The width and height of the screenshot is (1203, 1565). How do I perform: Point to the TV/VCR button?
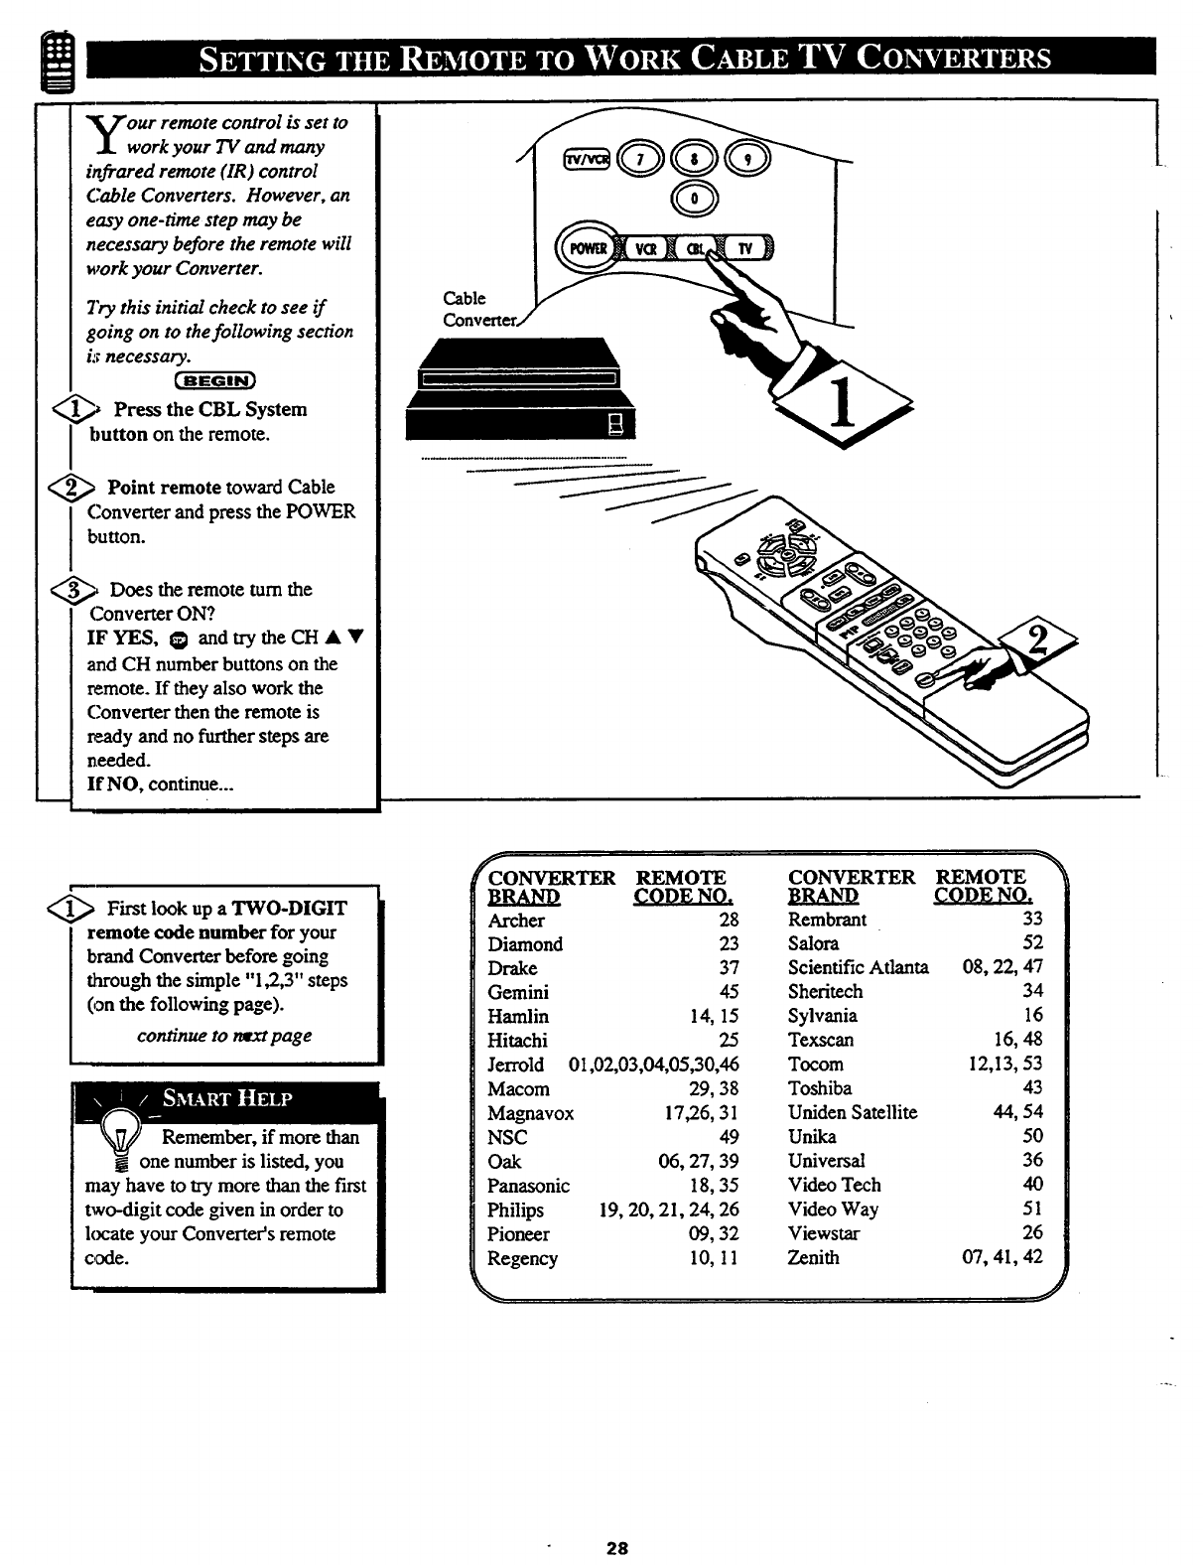click(586, 159)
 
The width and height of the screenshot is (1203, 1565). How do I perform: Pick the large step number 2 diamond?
click(1036, 645)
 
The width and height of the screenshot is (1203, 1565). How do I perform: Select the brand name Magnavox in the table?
click(530, 1113)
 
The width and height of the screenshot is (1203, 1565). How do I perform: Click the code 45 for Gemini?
click(730, 992)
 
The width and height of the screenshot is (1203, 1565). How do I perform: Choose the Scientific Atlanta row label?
click(858, 967)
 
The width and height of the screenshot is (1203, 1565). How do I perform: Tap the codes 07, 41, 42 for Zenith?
click(1004, 1257)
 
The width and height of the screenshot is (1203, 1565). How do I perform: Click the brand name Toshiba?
click(819, 1088)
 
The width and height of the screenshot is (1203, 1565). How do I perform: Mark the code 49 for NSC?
click(730, 1137)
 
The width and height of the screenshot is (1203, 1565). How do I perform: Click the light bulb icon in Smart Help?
click(122, 1140)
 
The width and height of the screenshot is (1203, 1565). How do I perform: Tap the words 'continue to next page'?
click(223, 1036)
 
